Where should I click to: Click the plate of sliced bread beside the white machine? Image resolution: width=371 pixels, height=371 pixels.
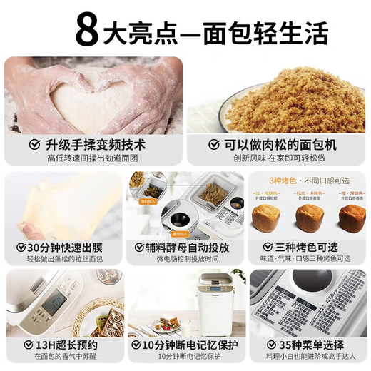pyautogui.click(x=161, y=325)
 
